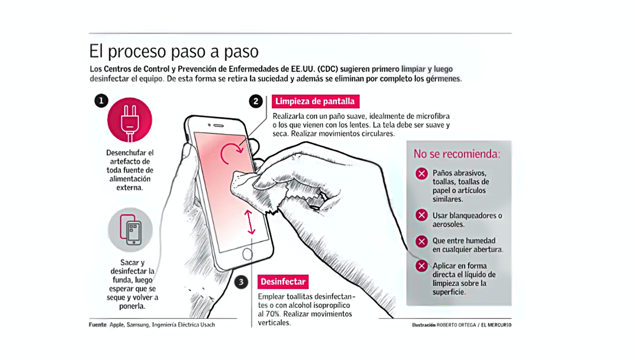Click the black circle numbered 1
[x=101, y=101]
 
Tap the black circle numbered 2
[x=256, y=101]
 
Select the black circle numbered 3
[x=241, y=282]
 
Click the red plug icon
[x=130, y=120]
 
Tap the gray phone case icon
[x=131, y=230]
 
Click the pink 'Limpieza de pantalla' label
[x=315, y=101]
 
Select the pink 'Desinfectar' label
[x=283, y=282]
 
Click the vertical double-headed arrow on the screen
[x=249, y=222]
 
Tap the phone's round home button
[x=247, y=255]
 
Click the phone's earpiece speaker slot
[x=219, y=125]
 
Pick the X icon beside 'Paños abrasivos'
[x=421, y=174]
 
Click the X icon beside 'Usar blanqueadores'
[x=421, y=216]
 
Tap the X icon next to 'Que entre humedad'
[x=421, y=242]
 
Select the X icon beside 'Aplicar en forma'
[x=421, y=266]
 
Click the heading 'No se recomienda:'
[x=457, y=154]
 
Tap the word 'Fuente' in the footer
[x=98, y=325]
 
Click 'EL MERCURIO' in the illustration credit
[x=496, y=325]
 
